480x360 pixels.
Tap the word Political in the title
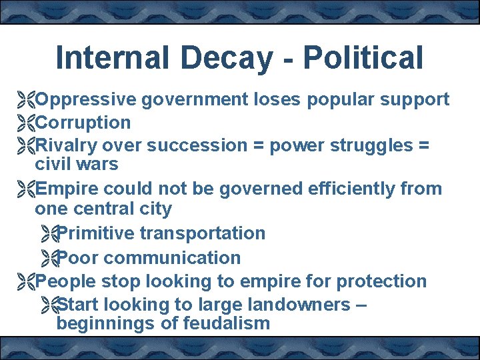pyautogui.click(x=363, y=58)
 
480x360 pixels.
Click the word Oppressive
pyautogui.click(x=86, y=100)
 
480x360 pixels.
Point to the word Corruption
pyautogui.click(x=83, y=123)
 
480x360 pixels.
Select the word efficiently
pyautogui.click(x=352, y=189)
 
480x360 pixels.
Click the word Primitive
pyautogui.click(x=97, y=233)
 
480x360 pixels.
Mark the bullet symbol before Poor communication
pyautogui.click(x=48, y=258)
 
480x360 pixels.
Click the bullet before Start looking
pyautogui.click(x=48, y=306)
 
